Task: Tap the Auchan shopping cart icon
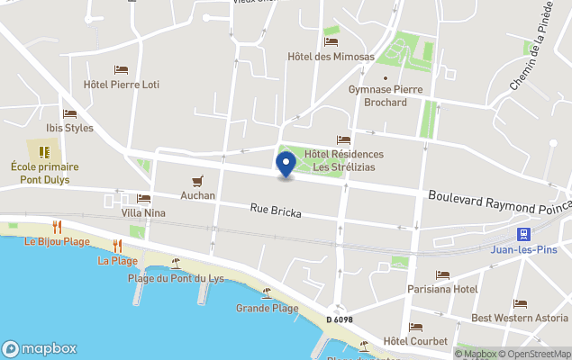(x=197, y=180)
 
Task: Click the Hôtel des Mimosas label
(x=331, y=57)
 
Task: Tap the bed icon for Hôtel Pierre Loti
(x=121, y=69)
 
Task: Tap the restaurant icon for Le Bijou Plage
(x=57, y=227)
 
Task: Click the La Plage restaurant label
(x=117, y=261)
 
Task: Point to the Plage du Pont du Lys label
(x=176, y=278)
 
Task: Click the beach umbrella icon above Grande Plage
(x=267, y=293)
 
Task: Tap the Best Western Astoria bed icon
(x=520, y=304)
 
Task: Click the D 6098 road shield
(x=339, y=319)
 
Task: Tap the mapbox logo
(x=40, y=348)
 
